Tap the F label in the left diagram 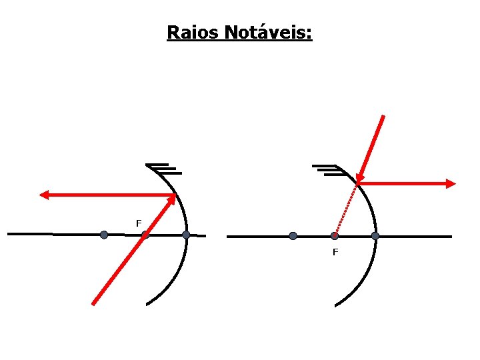[x=139, y=223]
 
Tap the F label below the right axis [x=335, y=252]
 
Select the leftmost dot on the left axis [x=103, y=235]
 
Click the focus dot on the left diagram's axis [x=145, y=235]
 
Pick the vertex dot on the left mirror [x=186, y=235]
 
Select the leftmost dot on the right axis [x=293, y=236]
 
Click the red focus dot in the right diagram [x=335, y=236]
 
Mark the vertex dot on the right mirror [x=375, y=236]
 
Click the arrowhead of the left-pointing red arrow [x=44, y=195]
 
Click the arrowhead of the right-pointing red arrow [x=451, y=183]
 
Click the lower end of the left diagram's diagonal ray [x=93, y=303]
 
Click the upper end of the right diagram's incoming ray [x=383, y=117]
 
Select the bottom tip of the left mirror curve [x=147, y=305]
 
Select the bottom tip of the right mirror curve [x=335, y=305]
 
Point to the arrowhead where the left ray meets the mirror [x=173, y=198]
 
